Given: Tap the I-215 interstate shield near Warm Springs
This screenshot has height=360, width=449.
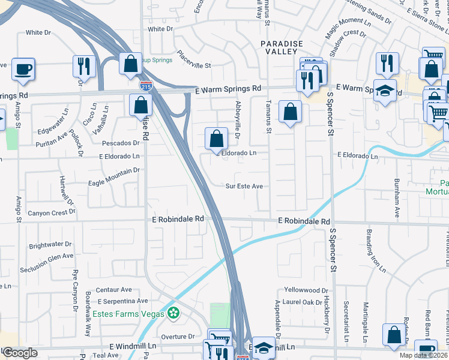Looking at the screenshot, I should [x=145, y=86].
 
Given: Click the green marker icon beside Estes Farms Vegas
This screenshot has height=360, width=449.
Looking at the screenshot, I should [x=173, y=313].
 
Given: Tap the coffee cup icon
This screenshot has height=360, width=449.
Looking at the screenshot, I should [x=23, y=68].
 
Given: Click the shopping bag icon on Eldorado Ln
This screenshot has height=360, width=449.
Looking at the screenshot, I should [x=216, y=138].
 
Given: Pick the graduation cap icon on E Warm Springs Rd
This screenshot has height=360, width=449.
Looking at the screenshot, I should [x=384, y=91].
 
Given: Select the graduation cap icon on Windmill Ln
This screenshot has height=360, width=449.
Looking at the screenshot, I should [x=263, y=349].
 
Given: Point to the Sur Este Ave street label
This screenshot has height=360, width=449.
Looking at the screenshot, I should [x=244, y=187].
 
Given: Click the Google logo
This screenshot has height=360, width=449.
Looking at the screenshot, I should [x=20, y=353].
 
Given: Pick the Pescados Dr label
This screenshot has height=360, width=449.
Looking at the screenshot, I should [x=121, y=143].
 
